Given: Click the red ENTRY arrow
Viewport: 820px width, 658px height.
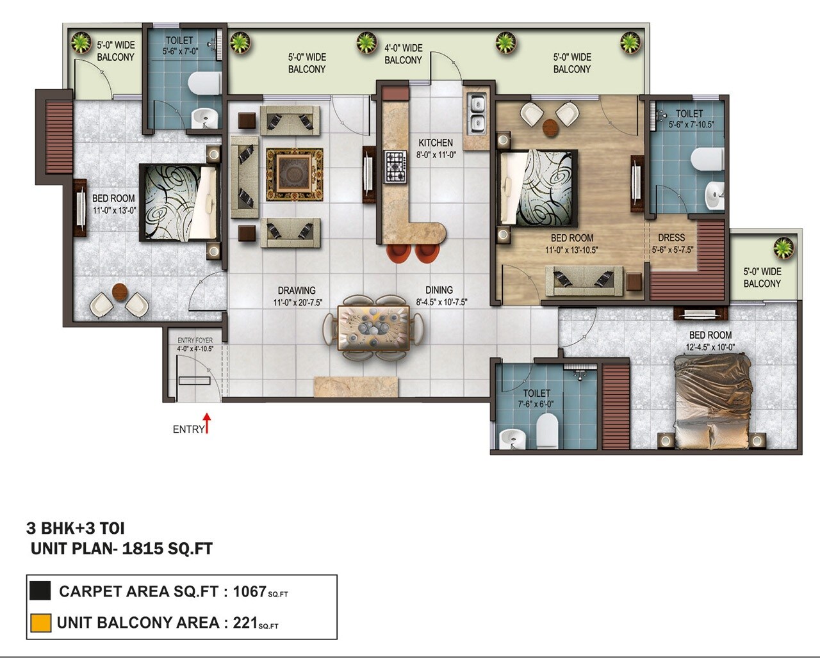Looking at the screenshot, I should point(207,423).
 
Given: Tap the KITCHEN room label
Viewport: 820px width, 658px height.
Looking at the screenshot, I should point(436,143).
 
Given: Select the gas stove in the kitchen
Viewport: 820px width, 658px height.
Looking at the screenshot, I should point(395,166).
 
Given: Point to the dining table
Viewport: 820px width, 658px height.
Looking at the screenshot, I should point(373,327).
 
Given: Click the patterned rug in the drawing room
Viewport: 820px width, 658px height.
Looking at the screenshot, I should point(295,173).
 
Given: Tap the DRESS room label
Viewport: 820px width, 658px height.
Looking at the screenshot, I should point(671,237).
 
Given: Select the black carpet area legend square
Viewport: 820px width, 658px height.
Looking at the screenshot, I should point(40,591).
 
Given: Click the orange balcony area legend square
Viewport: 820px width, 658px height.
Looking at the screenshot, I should point(40,623).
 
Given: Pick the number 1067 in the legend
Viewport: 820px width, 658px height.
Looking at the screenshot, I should point(249,591).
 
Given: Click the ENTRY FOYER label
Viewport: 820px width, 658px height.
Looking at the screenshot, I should point(195,341).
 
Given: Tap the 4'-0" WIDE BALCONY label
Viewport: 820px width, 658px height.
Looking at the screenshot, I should point(403,54).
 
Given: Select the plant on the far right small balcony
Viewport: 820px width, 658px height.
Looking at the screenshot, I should point(783,247).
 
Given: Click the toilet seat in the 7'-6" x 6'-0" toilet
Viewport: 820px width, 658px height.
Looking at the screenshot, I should point(547,429).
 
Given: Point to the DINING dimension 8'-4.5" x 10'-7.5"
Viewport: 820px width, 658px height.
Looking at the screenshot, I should point(441,302).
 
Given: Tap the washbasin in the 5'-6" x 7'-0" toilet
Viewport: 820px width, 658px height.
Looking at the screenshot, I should point(204,118).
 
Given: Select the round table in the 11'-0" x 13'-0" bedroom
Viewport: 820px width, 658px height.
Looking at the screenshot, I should point(120,292).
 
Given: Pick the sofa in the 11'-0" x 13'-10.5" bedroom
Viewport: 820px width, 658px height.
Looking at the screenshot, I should point(584,280).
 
